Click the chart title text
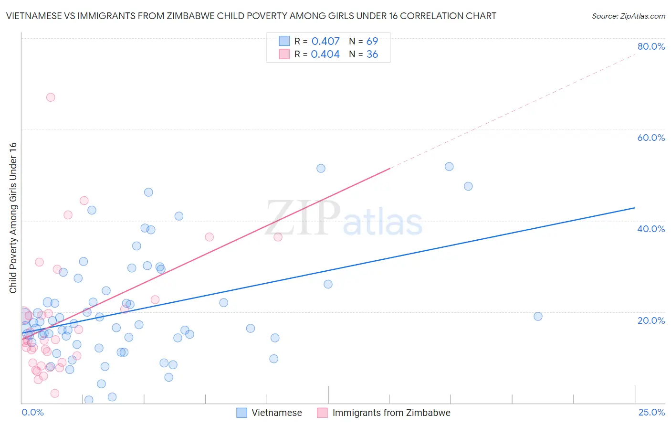251,16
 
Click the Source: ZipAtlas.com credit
628,16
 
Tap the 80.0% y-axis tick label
651,46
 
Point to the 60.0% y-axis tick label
651,138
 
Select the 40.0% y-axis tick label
651,229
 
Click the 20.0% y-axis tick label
651,320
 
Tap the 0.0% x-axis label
32,412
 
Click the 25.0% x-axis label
651,412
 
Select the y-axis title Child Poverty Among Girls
13,218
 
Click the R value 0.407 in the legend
325,41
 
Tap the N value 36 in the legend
372,54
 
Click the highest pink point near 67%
51,97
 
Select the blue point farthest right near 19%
538,316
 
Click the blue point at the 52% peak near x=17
449,167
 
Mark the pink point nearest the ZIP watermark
278,237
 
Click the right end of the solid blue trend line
634,208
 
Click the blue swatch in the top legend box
284,41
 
